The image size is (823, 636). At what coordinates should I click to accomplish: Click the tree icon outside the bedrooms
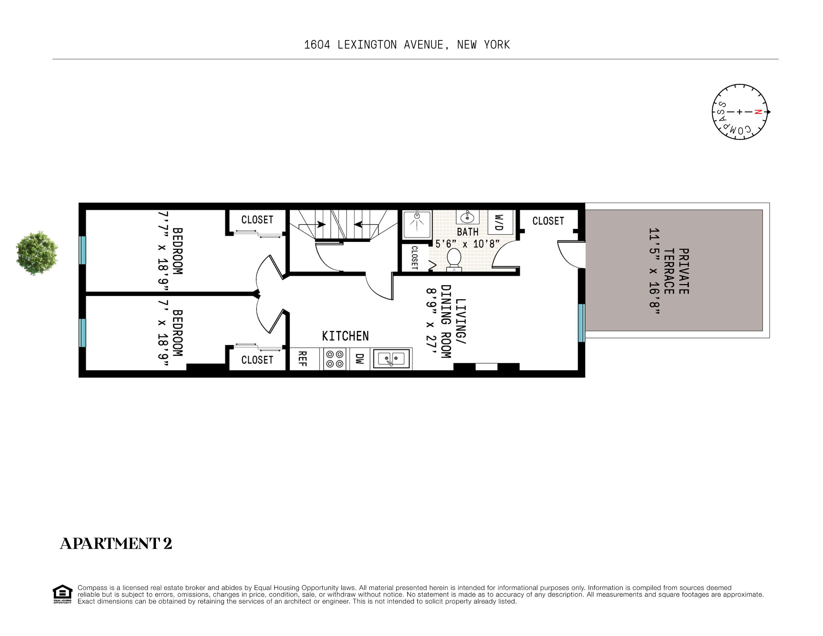point(37,253)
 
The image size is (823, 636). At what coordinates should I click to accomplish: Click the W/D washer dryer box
point(500,222)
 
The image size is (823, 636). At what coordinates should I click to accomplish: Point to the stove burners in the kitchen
point(335,359)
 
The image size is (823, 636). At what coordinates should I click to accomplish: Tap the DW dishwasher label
point(360,359)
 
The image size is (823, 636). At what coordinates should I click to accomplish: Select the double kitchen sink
point(391,359)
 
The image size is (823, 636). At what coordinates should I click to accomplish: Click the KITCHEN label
point(345,336)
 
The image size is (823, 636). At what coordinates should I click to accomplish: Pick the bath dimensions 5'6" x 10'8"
point(467,244)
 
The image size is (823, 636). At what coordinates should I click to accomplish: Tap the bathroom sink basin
point(467,217)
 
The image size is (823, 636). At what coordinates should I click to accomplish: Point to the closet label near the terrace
point(548,221)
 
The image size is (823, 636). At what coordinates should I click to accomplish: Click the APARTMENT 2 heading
point(116,543)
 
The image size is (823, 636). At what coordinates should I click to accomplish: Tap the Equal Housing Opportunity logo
point(62,594)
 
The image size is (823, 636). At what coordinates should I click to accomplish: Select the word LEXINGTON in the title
point(367,45)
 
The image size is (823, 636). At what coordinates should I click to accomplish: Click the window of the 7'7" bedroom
point(82,250)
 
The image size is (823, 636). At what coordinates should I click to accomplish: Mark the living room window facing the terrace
point(582,323)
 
